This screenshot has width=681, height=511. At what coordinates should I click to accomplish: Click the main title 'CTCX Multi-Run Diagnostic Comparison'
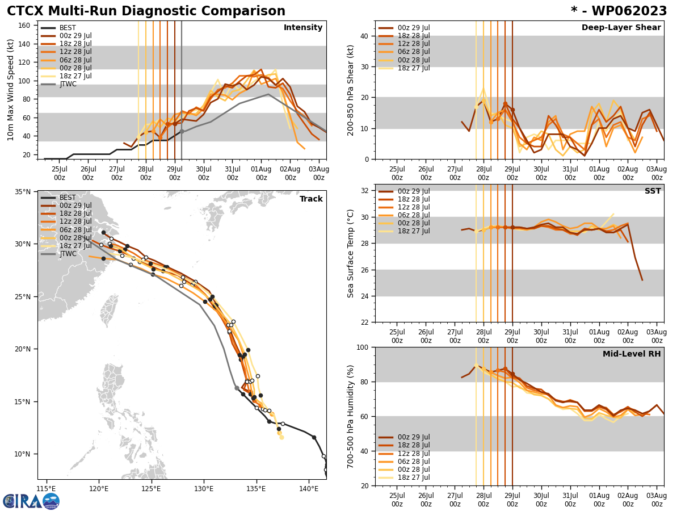tap(146, 11)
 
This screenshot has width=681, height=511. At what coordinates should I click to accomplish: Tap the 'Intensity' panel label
tap(303, 28)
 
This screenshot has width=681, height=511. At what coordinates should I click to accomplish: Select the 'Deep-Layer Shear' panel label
tap(621, 28)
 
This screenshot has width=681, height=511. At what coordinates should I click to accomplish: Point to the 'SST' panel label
tap(652, 191)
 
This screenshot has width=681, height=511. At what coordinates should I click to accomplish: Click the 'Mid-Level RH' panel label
tap(632, 354)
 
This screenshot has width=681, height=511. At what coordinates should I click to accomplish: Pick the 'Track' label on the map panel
tap(311, 199)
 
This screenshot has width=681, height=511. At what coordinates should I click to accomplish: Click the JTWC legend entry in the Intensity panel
tap(68, 84)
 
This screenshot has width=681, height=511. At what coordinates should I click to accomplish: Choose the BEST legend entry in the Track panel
tap(68, 198)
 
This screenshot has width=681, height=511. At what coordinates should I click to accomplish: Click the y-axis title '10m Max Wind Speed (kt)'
tap(11, 90)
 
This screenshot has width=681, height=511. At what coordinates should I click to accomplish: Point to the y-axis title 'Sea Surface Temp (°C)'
tap(351, 253)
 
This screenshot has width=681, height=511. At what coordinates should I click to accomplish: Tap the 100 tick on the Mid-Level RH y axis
tap(361, 347)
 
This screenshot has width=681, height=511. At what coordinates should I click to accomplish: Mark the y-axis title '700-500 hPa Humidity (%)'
tap(351, 416)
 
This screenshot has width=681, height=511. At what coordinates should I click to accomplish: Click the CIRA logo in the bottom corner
tap(31, 501)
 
